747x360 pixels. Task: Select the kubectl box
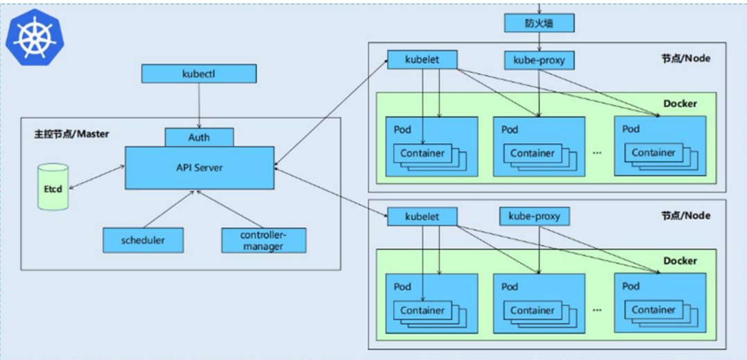(198, 74)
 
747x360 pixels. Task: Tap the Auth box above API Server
(199, 137)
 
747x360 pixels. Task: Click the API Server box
(199, 168)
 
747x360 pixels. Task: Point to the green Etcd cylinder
(53, 187)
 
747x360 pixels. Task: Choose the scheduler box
(143, 240)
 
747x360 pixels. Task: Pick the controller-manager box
(264, 240)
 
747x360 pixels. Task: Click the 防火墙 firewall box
(539, 22)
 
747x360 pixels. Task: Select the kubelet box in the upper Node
(422, 60)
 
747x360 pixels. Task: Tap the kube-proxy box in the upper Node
(539, 60)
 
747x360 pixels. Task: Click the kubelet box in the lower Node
(422, 216)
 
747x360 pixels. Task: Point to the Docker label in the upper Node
(680, 104)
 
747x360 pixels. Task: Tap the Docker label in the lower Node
(680, 261)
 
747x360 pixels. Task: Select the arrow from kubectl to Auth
(199, 105)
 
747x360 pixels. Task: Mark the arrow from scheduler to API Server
(169, 209)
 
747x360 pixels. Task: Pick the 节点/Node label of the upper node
(685, 58)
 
